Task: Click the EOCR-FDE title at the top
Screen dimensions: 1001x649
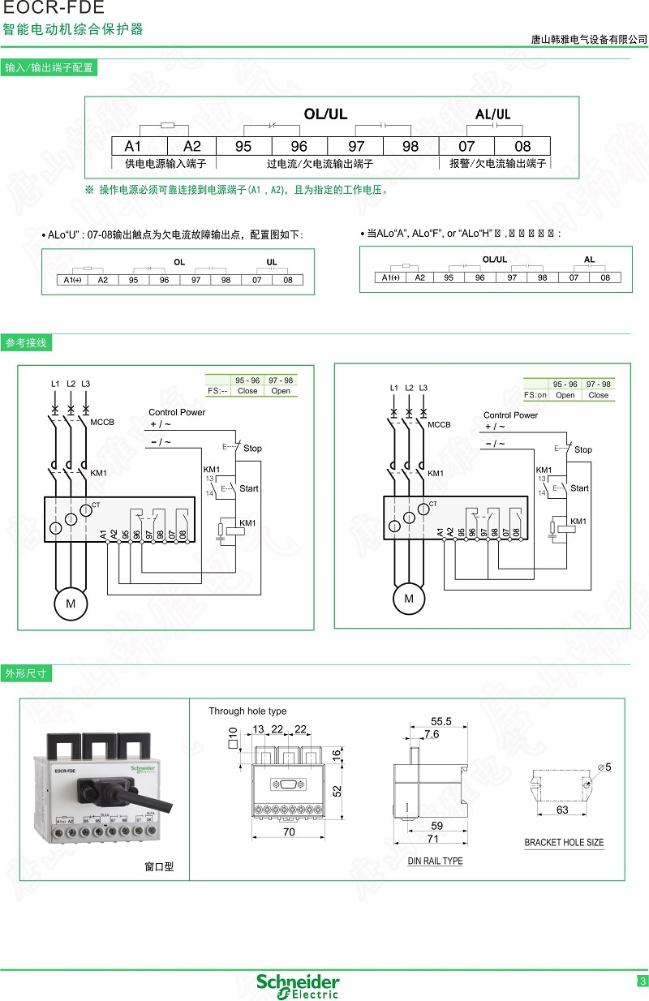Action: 54,9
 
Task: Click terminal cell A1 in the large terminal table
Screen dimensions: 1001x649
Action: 133,146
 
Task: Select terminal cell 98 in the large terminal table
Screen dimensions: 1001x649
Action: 410,146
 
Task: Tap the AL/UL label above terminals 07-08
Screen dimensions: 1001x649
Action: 493,114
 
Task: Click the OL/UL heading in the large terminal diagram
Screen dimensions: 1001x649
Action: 325,114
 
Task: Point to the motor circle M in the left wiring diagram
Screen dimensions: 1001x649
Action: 71,604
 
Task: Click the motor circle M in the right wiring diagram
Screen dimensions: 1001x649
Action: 409,599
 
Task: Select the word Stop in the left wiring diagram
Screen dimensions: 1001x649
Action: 253,448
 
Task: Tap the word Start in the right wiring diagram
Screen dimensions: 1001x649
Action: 579,488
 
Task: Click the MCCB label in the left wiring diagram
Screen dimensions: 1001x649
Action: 102,422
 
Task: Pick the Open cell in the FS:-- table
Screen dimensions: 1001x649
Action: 281,391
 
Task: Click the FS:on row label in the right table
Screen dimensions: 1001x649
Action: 535,395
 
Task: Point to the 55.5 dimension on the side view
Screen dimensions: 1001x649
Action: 441,721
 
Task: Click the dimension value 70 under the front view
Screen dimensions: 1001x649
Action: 288,832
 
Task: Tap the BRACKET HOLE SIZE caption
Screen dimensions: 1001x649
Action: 564,843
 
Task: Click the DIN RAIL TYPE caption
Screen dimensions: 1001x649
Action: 435,861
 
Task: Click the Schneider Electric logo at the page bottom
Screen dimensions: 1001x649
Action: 298,986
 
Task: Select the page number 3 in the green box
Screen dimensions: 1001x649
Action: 643,982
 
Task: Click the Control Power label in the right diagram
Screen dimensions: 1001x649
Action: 511,415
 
